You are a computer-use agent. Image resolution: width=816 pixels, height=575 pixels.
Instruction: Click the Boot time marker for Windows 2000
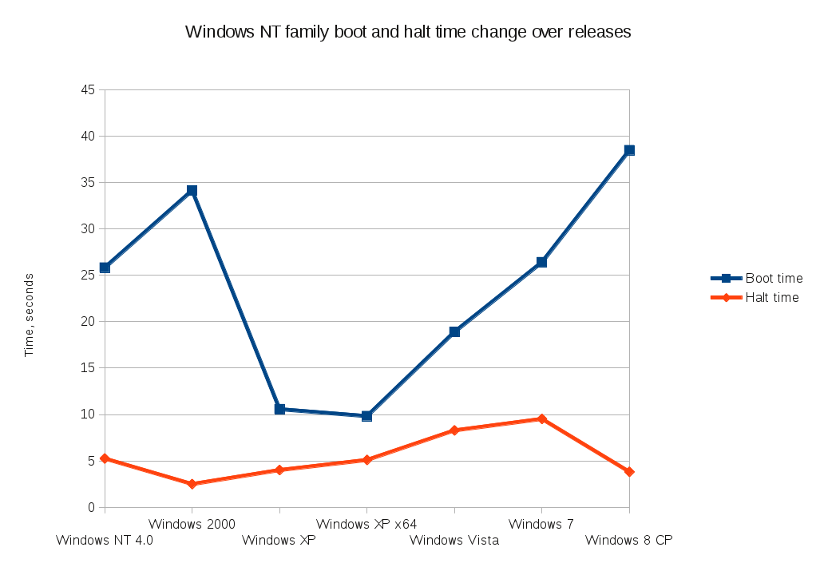192,191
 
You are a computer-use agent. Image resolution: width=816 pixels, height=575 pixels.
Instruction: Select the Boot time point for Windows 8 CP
629,150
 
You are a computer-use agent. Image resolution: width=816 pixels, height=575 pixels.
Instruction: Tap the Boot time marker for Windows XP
279,409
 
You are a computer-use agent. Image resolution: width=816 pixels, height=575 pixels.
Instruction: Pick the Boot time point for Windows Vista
454,331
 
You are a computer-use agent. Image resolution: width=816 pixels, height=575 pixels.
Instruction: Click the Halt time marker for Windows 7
541,418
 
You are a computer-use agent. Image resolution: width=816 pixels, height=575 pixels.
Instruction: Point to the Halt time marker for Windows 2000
192,484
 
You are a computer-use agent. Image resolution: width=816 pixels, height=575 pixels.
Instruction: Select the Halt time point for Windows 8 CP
629,472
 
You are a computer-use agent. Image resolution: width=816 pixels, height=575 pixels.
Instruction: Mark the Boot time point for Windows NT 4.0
105,268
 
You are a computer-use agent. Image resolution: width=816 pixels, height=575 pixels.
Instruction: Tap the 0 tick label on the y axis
91,507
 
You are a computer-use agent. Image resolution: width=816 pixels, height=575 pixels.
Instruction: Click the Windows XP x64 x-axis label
366,525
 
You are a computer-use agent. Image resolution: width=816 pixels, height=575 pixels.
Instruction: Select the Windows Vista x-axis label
454,541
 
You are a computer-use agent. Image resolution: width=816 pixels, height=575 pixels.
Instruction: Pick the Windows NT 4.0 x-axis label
105,541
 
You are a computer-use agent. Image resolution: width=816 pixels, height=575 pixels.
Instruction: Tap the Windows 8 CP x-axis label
629,541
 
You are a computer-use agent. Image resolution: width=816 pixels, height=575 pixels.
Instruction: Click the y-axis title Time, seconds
30,315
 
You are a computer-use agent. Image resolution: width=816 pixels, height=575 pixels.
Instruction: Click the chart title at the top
408,32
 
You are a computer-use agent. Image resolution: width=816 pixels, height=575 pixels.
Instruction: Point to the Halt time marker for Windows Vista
454,430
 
